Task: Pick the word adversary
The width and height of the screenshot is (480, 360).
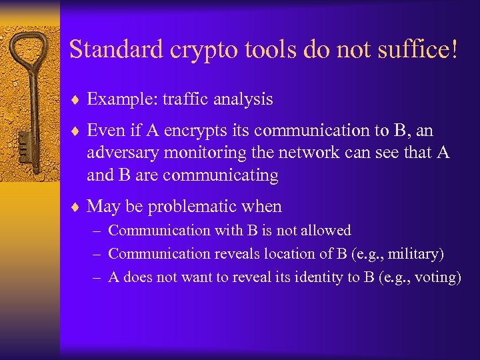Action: click(x=119, y=153)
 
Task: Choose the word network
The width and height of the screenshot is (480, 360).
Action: click(x=303, y=153)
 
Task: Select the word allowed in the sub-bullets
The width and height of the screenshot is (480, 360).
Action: click(x=326, y=230)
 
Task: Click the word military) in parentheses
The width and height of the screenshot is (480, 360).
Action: click(x=417, y=254)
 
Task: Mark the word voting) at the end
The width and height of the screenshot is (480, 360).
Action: click(x=437, y=278)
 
